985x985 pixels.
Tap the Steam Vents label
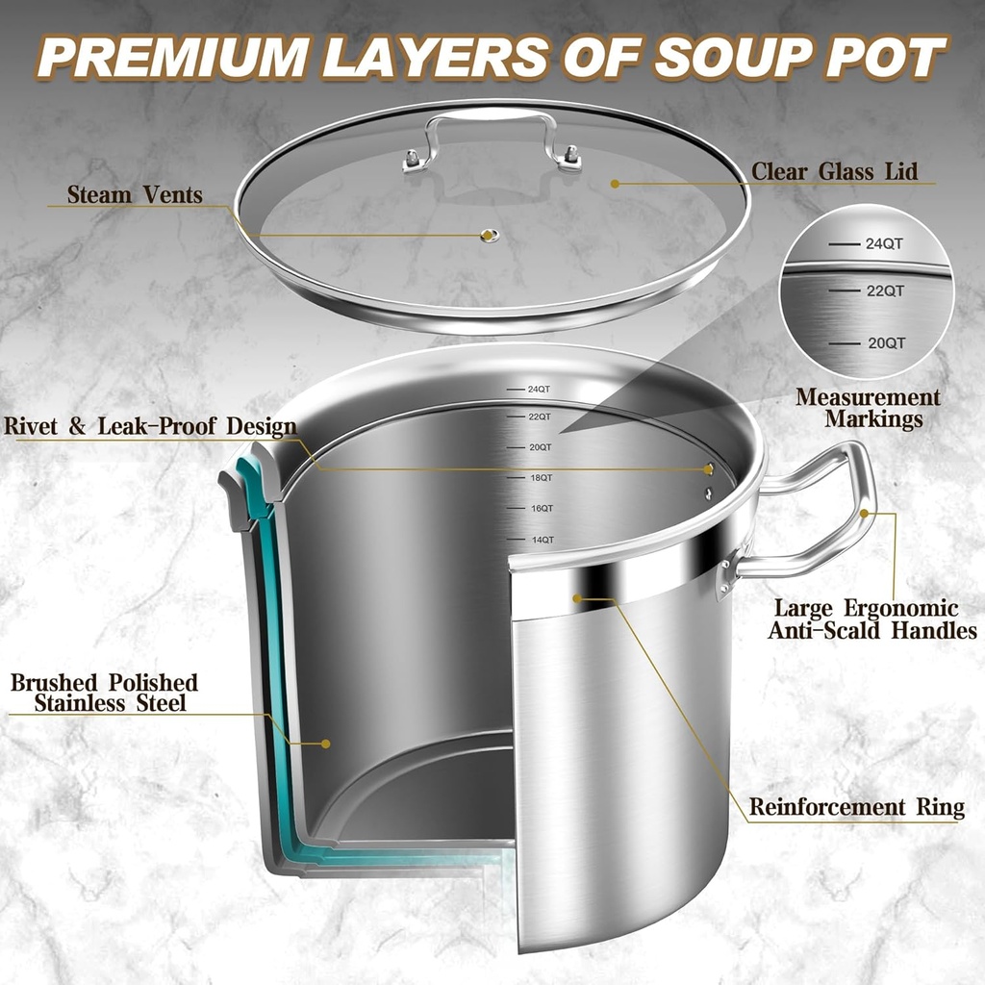click(135, 195)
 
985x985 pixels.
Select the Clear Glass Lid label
click(834, 172)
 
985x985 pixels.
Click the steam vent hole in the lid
click(490, 236)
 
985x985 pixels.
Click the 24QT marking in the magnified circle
click(883, 244)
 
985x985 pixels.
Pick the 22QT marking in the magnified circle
click(884, 290)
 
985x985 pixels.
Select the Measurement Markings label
click(868, 408)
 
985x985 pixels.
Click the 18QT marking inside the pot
click(540, 477)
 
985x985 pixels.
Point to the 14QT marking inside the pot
click(541, 540)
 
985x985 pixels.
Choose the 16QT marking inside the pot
click(541, 508)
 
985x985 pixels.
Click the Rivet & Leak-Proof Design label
click(150, 426)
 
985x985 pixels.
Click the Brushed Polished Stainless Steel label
click(104, 693)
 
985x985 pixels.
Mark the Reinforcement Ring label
click(856, 807)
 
